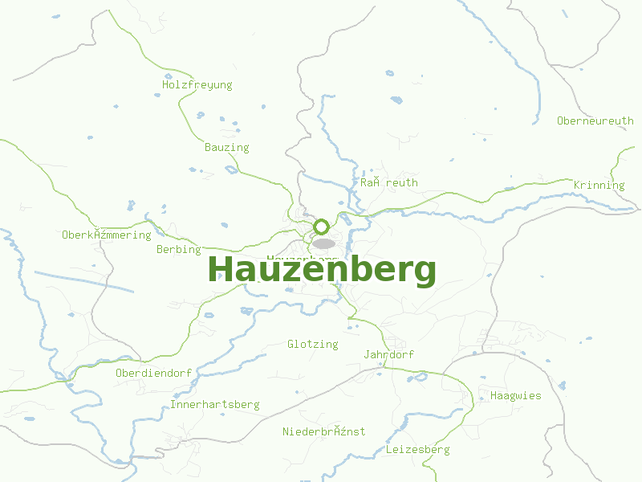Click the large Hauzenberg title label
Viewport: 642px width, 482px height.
pyautogui.click(x=322, y=270)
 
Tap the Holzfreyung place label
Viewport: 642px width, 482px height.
pyautogui.click(x=197, y=84)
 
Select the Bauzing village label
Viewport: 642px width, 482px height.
pyautogui.click(x=226, y=147)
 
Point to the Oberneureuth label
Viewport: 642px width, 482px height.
pyautogui.click(x=595, y=120)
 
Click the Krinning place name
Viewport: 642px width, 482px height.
pyautogui.click(x=599, y=185)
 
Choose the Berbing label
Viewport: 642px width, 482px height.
pyautogui.click(x=178, y=249)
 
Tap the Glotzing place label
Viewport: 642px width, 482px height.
pyautogui.click(x=312, y=344)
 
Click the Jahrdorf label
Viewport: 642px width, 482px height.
pyautogui.click(x=388, y=354)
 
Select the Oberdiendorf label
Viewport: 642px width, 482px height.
pyautogui.click(x=153, y=373)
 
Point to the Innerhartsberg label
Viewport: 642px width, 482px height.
pyautogui.click(x=214, y=404)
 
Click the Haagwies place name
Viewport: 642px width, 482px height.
pyautogui.click(x=515, y=395)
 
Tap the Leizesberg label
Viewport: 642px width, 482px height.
pyautogui.click(x=417, y=449)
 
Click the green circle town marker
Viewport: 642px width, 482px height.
pyautogui.click(x=322, y=227)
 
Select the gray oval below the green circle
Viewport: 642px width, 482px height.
pyautogui.click(x=323, y=243)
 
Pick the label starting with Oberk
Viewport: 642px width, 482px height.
pyautogui.click(x=106, y=235)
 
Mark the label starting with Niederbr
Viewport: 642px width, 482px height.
pyautogui.click(x=323, y=431)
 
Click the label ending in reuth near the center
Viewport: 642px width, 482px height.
pyautogui.click(x=388, y=182)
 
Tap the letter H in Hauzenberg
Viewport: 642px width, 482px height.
pyautogui.click(x=220, y=270)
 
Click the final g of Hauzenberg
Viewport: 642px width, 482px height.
pyautogui.click(x=424, y=273)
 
